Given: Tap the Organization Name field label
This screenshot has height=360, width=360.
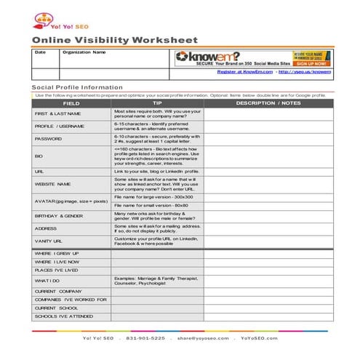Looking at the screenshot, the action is pyautogui.click(x=84, y=52).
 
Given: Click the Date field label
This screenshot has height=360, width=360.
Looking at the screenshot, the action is pyautogui.click(x=40, y=52).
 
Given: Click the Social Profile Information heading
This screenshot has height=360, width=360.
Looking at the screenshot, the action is pyautogui.click(x=77, y=87).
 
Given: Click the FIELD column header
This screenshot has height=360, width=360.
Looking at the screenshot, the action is pyautogui.click(x=71, y=103).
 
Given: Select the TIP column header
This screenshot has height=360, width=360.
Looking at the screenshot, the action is pyautogui.click(x=157, y=103).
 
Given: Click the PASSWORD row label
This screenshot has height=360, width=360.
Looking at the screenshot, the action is pyautogui.click(x=49, y=138).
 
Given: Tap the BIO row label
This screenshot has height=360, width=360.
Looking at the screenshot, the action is pyautogui.click(x=39, y=155).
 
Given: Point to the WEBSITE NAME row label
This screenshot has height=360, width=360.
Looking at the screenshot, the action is pyautogui.click(x=53, y=184).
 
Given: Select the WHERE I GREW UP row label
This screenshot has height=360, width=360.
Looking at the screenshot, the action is pyautogui.click(x=56, y=253).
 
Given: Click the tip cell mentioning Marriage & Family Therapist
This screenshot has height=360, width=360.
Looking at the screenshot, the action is pyautogui.click(x=156, y=280).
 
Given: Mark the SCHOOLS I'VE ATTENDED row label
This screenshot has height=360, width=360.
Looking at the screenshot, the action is pyautogui.click(x=64, y=316).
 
